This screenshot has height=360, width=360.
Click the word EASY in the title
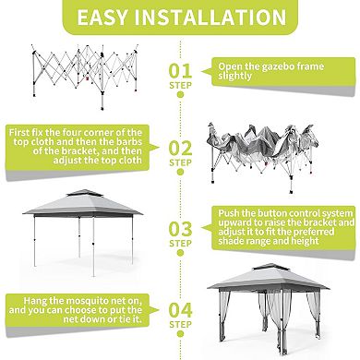click(109, 18)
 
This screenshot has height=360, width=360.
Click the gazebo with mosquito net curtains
click(269, 305)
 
